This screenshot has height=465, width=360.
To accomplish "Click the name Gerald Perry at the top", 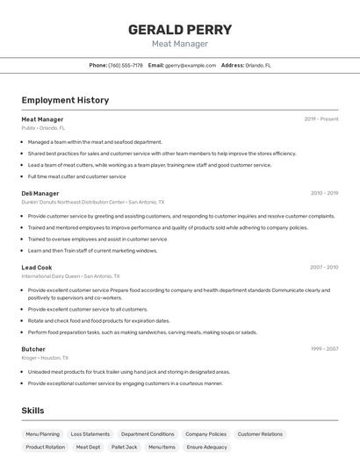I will coord(180,29).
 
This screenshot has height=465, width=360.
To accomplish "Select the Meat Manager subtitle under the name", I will coord(180,44).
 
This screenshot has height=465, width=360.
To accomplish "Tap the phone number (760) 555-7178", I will coord(126,65).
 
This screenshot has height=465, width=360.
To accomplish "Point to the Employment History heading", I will coord(65,100).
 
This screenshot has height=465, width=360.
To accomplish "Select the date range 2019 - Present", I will coord(321,119).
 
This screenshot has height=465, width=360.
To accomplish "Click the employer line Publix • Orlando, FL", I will coord(43,128).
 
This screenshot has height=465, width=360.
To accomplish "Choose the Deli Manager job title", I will coord(40,193).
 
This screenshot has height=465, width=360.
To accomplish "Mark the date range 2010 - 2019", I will coord(324,193).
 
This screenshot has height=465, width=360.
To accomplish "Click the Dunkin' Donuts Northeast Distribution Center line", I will coord(92,202).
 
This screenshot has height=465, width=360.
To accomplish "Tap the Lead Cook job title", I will coord(37,268).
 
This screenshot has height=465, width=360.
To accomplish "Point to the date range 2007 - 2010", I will coord(324,268).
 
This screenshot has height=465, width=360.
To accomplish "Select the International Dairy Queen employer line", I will coord(70,276).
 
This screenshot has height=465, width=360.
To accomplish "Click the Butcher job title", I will coord(33,349).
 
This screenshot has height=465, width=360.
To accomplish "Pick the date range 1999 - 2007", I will coord(324,349).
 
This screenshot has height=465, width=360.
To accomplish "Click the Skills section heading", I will coord(32,411).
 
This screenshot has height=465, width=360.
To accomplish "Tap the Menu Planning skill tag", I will coord(42,434).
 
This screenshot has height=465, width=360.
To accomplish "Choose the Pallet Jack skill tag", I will coord(125,447).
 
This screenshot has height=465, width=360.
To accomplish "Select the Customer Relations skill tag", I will coord(260,434).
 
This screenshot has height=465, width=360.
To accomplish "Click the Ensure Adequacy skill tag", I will coord(207,447).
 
